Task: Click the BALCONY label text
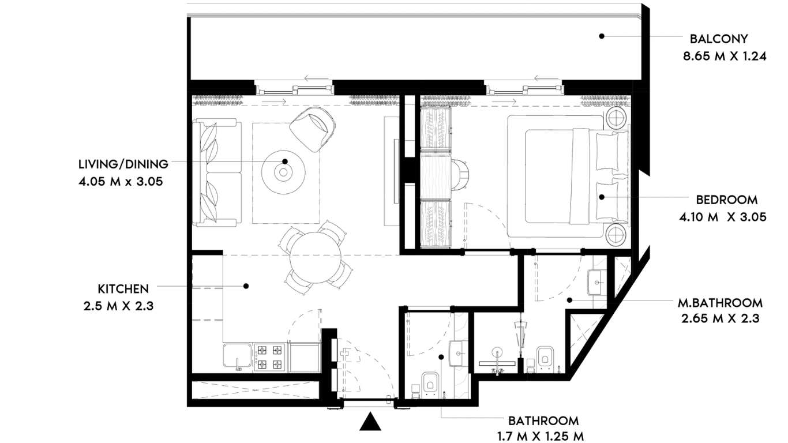pos(719,39)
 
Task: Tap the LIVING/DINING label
pos(123,164)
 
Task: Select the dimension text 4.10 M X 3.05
pos(723,217)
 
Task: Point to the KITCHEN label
pos(123,289)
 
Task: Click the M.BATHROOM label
pos(720,303)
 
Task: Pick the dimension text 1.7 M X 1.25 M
pos(541,437)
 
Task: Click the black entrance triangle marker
pos(370,422)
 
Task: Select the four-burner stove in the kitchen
pos(270,358)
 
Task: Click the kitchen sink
pos(238,358)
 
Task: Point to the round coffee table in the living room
pos(283,172)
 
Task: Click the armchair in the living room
pos(312,129)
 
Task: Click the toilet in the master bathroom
pos(545,359)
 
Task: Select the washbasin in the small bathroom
pos(459,353)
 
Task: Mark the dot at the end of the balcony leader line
pos(602,36)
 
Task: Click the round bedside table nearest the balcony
pos(617,118)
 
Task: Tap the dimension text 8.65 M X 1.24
pos(725,57)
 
